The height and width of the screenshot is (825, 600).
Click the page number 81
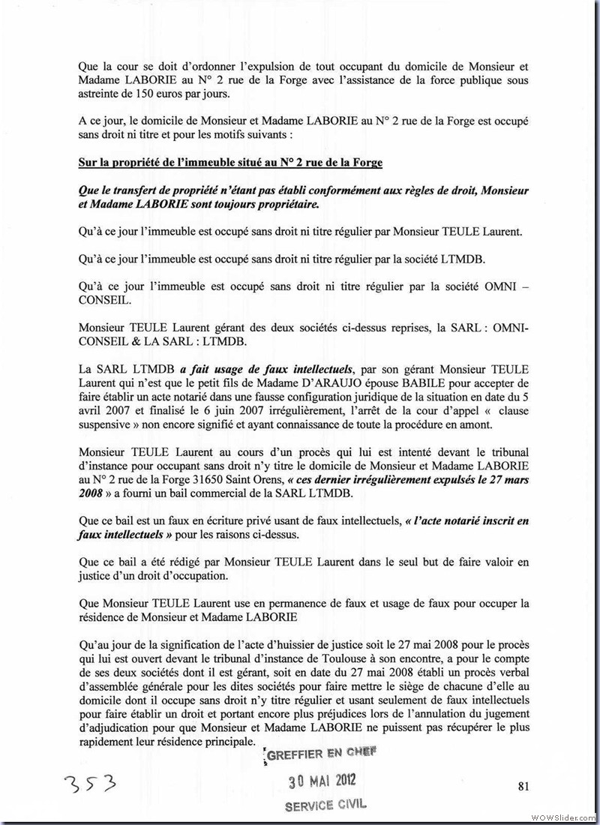point(523,786)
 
